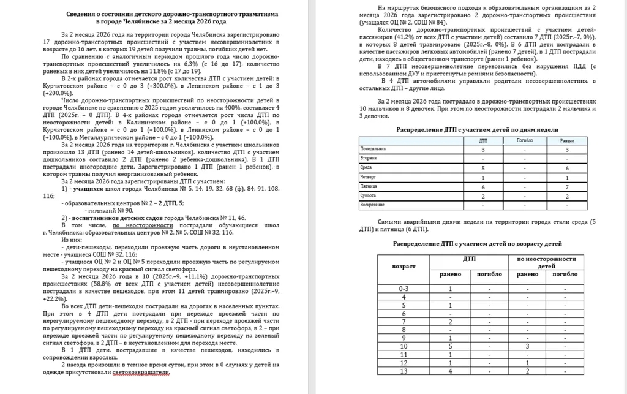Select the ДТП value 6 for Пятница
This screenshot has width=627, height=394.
coord(483,186)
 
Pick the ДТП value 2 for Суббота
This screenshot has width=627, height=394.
coord(483,195)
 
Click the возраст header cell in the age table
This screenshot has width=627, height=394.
coord(404,267)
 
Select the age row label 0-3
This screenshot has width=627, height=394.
coord(404,288)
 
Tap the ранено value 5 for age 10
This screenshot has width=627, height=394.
coord(451,346)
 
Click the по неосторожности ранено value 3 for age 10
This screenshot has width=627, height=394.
coord(527,346)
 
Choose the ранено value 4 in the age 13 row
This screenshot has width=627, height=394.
coord(451,371)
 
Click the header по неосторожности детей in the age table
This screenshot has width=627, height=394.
coord(547,263)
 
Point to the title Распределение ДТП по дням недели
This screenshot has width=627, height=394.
coord(477,130)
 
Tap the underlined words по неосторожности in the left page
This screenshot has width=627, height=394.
coord(133,225)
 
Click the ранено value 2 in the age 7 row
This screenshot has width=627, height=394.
coord(451,322)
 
